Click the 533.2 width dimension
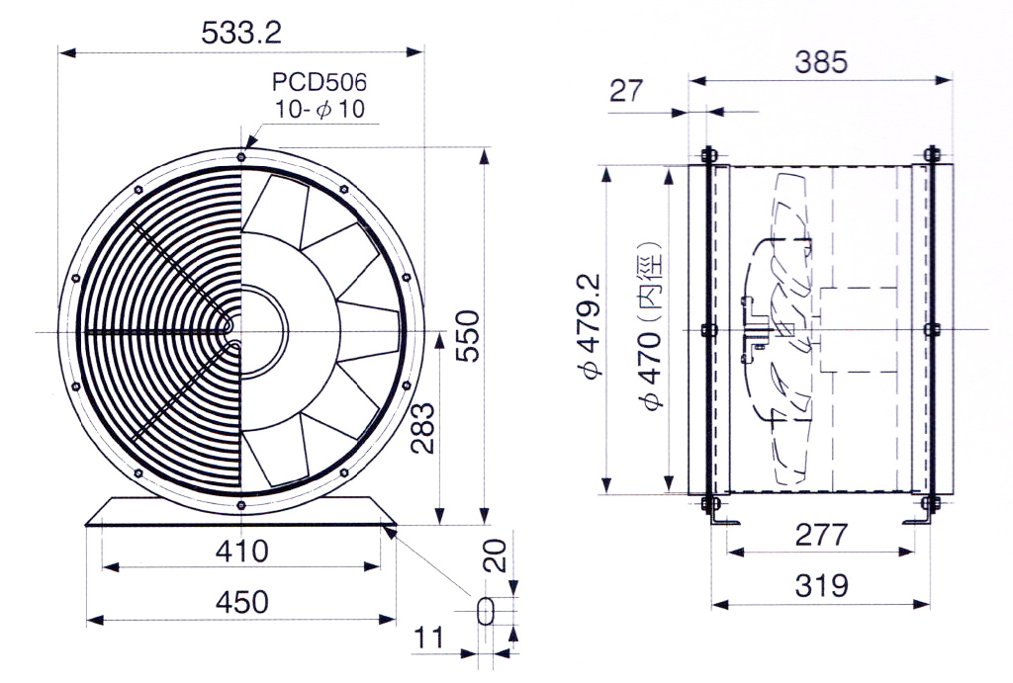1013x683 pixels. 241,33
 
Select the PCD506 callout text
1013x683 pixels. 320,82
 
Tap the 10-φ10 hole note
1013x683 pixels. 320,109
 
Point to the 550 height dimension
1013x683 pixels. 468,336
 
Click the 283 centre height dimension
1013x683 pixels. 422,428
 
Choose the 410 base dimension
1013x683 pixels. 241,551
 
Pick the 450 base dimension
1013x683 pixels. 241,602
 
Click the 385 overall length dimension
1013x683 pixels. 820,62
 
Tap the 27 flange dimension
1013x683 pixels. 626,90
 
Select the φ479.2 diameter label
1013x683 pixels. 591,326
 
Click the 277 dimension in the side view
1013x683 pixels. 820,535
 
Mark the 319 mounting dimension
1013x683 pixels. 820,585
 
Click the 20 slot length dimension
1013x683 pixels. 496,555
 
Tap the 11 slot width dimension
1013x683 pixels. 429,638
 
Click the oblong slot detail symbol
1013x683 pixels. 485,611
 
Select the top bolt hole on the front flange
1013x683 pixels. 241,157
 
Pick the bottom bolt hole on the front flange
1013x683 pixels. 241,505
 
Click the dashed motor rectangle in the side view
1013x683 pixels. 859,330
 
